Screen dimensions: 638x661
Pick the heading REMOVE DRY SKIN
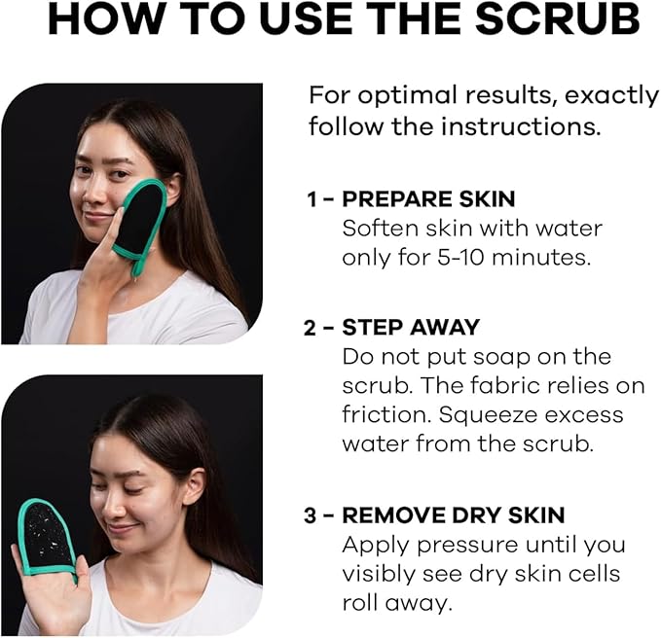(454, 515)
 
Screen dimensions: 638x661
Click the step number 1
(312, 199)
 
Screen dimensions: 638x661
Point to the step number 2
(312, 328)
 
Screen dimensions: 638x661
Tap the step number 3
(312, 515)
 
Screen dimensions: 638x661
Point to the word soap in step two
(524, 357)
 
